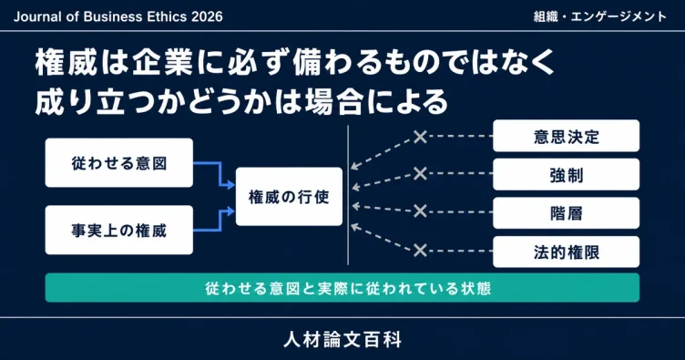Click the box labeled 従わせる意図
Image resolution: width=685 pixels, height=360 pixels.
pos(118,163)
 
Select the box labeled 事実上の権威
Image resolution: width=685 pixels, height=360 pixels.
pos(118,231)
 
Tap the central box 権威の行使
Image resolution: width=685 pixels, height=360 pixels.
pos(289,197)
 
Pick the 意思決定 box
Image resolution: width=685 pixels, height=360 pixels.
pos(567,136)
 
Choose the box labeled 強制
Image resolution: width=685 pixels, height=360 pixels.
pos(567,175)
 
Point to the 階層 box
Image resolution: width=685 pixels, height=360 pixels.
pos(567,213)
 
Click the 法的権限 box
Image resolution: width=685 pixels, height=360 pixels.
pos(567,252)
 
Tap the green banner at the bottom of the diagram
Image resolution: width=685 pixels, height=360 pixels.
pos(342,288)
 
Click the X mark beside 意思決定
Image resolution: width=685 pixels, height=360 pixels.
pos(420,137)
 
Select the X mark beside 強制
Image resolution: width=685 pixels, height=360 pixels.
pos(420,173)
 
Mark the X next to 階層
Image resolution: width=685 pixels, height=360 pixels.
pos(420,211)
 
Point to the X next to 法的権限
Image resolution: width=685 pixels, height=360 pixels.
pos(420,251)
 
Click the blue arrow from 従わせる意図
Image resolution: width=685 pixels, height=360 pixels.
pos(220,174)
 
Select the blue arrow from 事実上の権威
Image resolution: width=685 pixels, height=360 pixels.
pos(220,221)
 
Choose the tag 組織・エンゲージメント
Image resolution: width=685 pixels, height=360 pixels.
pos(599,16)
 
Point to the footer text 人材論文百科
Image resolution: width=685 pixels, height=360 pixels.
pos(342,340)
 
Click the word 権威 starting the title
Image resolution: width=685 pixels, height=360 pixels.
pos(66,63)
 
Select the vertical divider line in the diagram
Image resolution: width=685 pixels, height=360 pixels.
pos(348,195)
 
